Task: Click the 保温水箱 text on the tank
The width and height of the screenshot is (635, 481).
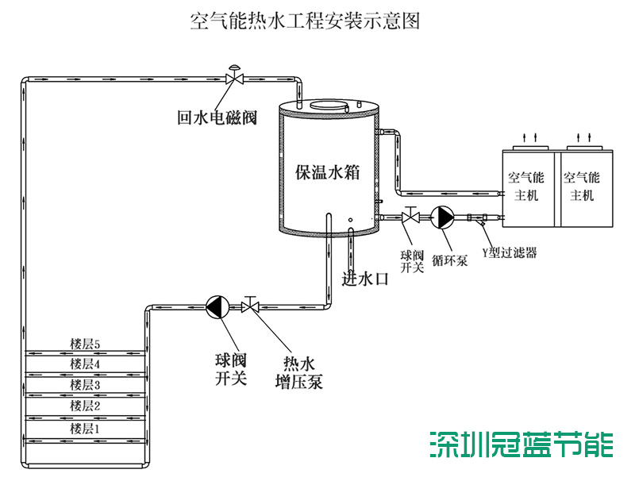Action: tap(329, 172)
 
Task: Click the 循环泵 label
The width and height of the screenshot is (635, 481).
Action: tap(449, 260)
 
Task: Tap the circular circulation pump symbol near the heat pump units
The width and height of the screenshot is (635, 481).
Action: tap(441, 217)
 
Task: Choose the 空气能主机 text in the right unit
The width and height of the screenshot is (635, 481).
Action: tap(581, 186)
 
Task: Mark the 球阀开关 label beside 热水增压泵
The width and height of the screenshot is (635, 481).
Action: tap(231, 369)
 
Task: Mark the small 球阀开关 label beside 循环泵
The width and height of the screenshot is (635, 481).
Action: tap(412, 261)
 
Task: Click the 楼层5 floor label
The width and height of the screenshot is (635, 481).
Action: tap(85, 344)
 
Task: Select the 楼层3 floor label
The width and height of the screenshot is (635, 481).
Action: tap(85, 385)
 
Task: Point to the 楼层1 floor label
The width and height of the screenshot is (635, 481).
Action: tap(85, 428)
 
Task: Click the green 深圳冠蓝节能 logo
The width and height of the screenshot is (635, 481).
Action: tap(521, 444)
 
